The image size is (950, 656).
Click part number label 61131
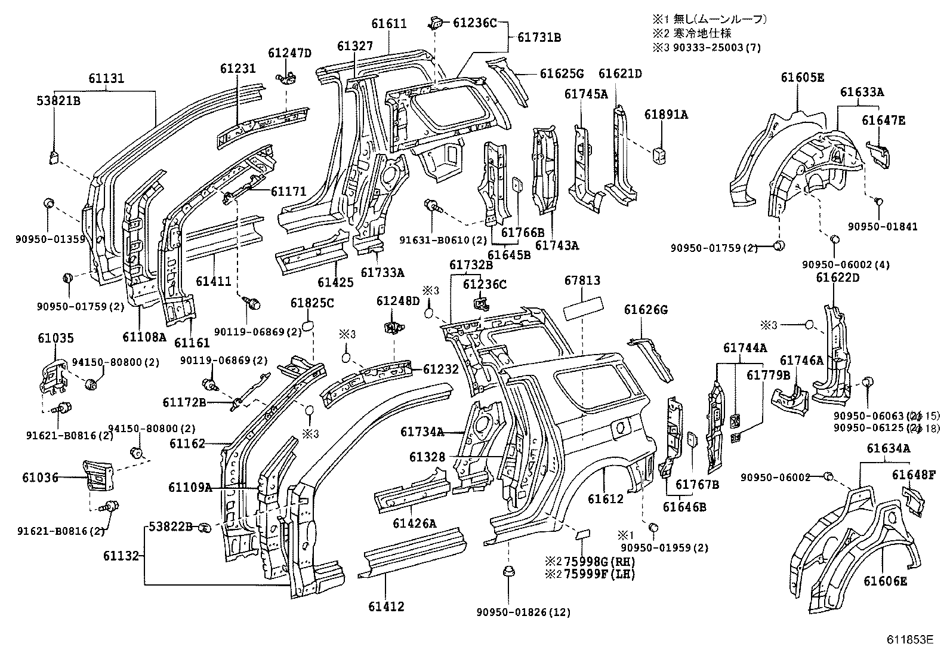(107, 78)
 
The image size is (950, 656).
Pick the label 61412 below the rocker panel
(386, 606)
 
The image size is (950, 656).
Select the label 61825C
(312, 303)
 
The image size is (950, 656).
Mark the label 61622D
(838, 277)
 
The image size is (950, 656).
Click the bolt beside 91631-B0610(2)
(433, 207)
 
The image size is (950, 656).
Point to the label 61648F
(914, 475)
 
